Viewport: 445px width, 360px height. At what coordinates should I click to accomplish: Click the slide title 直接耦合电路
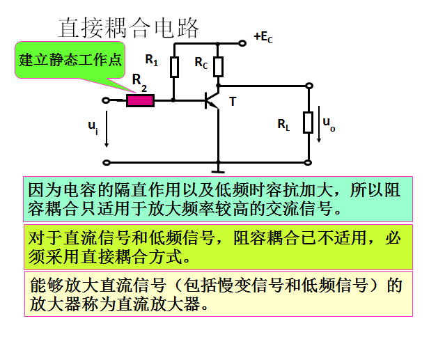[x=129, y=27]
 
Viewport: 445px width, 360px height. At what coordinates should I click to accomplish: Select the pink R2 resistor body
[x=140, y=101]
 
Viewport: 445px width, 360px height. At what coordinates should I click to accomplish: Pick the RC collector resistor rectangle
[x=219, y=67]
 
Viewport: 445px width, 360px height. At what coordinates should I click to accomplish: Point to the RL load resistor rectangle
[x=308, y=123]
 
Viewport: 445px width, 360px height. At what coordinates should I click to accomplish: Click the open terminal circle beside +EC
[x=242, y=43]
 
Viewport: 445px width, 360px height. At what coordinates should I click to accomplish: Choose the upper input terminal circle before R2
[x=106, y=101]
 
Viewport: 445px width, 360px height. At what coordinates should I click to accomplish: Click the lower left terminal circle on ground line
[x=106, y=163]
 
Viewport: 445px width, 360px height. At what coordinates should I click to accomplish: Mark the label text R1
[x=151, y=61]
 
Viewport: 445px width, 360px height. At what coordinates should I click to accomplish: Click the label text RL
[x=283, y=125]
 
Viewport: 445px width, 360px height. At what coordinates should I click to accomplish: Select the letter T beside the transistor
[x=233, y=102]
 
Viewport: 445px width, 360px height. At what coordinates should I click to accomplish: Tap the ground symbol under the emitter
[x=219, y=168]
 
